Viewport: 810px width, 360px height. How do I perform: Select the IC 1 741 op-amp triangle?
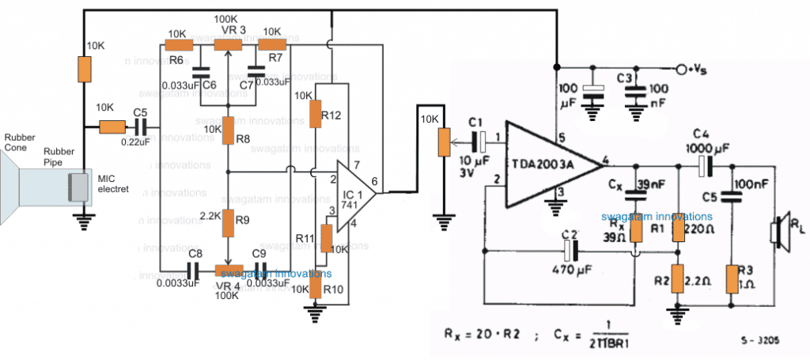coord(353,195)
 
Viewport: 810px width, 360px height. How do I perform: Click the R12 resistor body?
coord(315,114)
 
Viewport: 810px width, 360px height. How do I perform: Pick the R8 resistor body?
coord(229,128)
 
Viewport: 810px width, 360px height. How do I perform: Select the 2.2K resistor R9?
coord(229,224)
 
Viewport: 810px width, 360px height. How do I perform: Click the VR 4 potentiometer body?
coord(229,270)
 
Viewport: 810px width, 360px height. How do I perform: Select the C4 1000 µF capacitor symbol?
coord(706,165)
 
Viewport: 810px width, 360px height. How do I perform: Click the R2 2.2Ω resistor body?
coord(677,278)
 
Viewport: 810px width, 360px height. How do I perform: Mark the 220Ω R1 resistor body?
coord(678,229)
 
